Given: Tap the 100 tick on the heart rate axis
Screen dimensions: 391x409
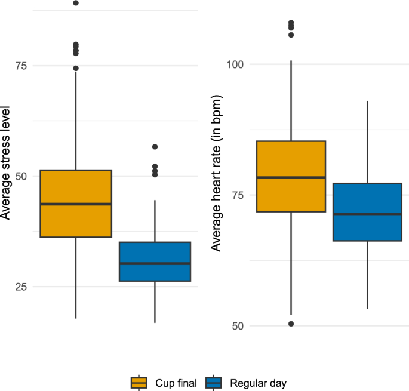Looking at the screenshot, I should coord(237,64).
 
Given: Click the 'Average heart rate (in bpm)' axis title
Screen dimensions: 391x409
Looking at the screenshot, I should coord(217,173).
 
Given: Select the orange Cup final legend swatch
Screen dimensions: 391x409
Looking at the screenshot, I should coord(139,383).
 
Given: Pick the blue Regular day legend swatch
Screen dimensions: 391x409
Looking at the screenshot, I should coord(213,383).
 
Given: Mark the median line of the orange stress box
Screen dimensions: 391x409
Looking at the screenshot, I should coord(76,204).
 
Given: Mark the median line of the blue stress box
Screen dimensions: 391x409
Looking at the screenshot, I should coord(155,263).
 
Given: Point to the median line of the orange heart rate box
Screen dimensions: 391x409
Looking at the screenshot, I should coord(291,178).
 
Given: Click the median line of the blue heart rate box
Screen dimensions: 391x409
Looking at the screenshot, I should coord(367,214).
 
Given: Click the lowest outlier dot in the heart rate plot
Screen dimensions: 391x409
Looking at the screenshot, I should coord(291,324).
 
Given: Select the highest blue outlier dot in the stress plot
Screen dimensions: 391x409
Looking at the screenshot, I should coord(155,147).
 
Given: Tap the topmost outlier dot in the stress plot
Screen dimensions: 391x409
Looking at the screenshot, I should coord(76,3).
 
